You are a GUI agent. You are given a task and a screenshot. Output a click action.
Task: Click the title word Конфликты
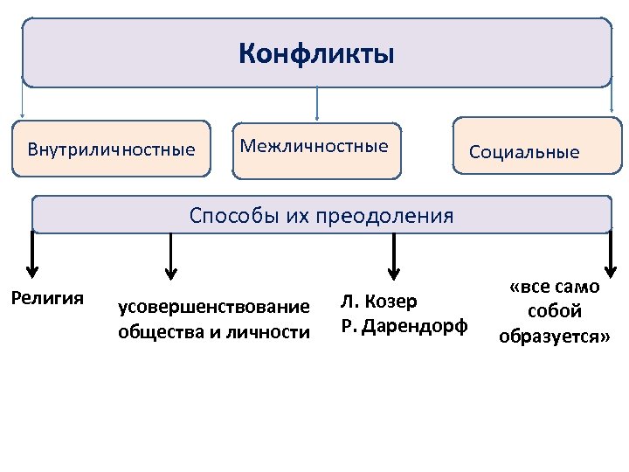[316, 55]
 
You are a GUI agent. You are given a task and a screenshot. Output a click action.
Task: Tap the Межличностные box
[314, 147]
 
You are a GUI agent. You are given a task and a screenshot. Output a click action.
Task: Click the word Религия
[46, 298]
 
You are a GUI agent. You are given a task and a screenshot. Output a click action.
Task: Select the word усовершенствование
[214, 307]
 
